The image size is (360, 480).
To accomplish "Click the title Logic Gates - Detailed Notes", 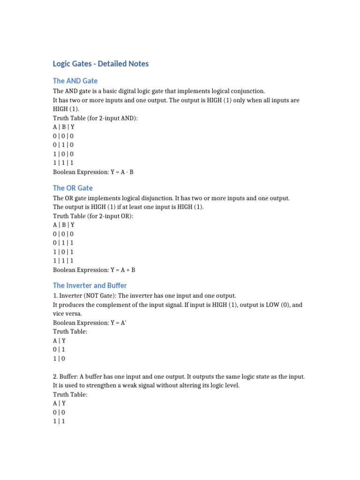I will [101, 64].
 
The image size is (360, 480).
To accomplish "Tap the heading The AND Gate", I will [75, 81].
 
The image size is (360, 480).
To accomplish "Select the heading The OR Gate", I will [73, 188].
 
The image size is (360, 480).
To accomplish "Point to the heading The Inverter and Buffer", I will [90, 285].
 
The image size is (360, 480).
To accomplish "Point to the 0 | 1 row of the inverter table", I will [59, 350].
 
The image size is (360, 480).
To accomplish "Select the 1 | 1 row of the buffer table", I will [59, 421].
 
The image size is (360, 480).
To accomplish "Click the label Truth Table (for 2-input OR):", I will [93, 216].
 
